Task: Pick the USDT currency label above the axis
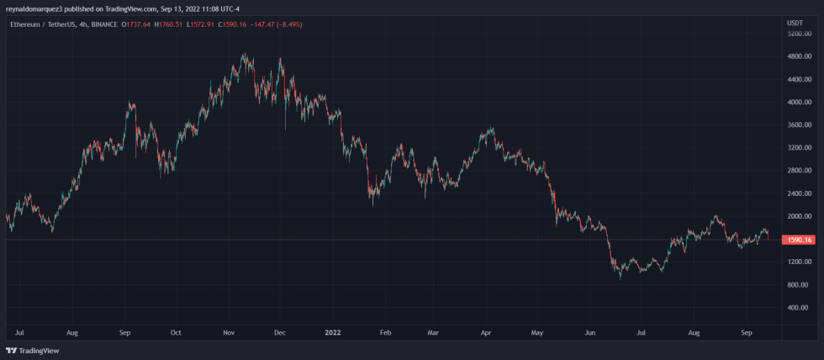[794, 23]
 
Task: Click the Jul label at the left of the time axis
[20, 333]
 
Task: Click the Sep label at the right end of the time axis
[747, 333]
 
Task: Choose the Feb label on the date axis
[384, 333]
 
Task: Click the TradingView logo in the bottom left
[25, 350]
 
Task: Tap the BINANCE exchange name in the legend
[103, 24]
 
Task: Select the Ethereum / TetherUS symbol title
[40, 24]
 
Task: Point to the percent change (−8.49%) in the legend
[286, 24]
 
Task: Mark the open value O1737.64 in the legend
[137, 24]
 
